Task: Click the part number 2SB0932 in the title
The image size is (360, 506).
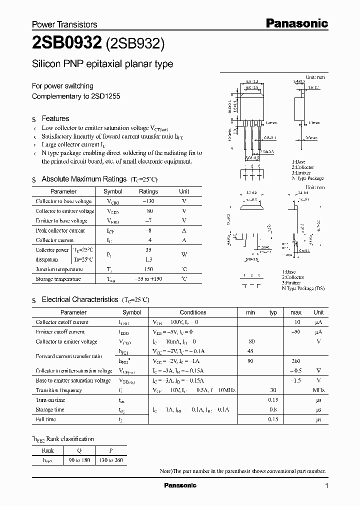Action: (67, 44)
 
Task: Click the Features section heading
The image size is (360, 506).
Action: (55, 118)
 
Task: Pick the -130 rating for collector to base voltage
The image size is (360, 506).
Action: (148, 201)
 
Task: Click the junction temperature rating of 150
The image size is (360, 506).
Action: (148, 269)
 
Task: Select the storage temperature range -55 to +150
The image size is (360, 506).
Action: (148, 279)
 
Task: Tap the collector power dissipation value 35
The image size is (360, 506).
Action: (148, 249)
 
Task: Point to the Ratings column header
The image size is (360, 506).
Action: (148, 191)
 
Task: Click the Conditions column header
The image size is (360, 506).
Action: (193, 312)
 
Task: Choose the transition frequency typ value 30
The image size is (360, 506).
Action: (273, 390)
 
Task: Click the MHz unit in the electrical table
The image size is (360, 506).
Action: (318, 390)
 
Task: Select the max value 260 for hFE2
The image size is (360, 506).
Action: (296, 361)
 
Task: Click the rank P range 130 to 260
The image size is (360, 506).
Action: (110, 460)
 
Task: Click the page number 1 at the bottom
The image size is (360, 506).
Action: (326, 486)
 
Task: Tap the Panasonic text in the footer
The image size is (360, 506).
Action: (180, 485)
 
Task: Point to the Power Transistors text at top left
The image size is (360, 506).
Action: (64, 24)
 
